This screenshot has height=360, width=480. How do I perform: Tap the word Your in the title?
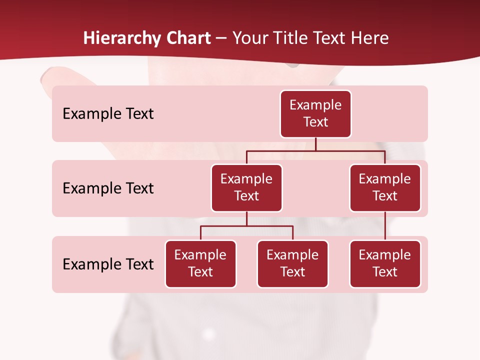[250, 38]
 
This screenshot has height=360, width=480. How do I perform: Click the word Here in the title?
[369, 38]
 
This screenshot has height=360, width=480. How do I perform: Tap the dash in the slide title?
[221, 39]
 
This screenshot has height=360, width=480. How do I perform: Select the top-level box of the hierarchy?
[315, 113]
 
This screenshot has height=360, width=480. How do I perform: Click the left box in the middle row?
[246, 187]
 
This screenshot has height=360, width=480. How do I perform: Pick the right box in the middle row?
[385, 187]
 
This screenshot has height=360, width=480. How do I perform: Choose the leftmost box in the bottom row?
[200, 263]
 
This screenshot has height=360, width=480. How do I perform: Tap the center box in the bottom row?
[292, 263]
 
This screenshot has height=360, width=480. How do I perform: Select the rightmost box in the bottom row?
[385, 263]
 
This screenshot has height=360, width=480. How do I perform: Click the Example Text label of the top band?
[108, 113]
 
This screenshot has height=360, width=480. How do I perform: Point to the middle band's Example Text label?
[108, 188]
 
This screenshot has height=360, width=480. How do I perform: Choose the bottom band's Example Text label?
[108, 264]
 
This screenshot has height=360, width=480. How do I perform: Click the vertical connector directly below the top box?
[315, 144]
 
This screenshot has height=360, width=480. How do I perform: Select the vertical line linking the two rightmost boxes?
[385, 226]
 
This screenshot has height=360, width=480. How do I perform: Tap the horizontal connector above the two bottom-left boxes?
[246, 226]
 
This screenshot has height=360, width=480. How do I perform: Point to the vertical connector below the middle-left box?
[246, 218]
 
